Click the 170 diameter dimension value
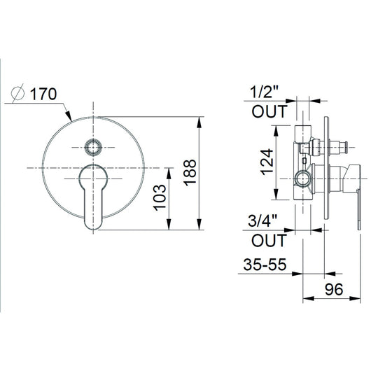point(43,94)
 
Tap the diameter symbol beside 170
point(17,93)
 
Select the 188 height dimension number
point(190,172)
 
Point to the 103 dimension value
point(160,197)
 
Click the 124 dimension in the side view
point(267,162)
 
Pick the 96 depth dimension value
point(334,289)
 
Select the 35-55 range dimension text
point(265,264)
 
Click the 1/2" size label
point(265,92)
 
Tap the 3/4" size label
point(262,220)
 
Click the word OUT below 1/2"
point(269,111)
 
